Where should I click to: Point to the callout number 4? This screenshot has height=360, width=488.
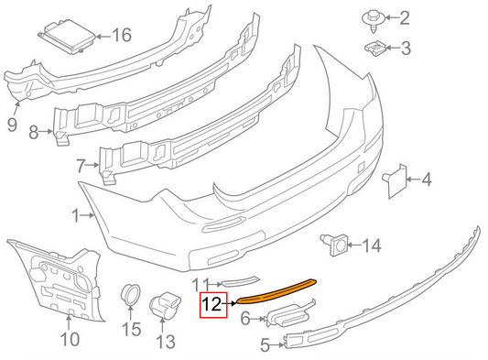pos(425,180)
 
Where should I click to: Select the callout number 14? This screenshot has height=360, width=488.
pos(370,245)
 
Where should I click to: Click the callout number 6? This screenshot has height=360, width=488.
pos(245,318)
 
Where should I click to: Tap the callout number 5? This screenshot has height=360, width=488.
pos(264,344)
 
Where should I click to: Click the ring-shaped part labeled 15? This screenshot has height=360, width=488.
pos(132,295)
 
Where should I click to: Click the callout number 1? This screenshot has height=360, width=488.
pos(77,216)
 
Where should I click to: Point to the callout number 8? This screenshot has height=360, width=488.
pos(35,134)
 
